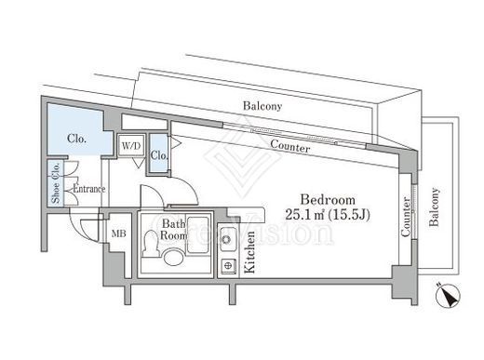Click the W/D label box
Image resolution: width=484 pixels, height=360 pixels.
coord(131,145)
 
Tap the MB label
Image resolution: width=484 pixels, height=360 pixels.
coord(118,233)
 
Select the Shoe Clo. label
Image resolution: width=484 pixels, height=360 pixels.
coord(56,183)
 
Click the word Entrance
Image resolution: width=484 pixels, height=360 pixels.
coord(89,189)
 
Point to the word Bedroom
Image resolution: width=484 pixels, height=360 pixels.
coord(328,200)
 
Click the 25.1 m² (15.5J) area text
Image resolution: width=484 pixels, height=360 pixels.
coord(328,214)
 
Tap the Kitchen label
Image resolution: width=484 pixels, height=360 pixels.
coord(249,252)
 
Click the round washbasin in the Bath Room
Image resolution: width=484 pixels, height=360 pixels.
coord(173,258)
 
